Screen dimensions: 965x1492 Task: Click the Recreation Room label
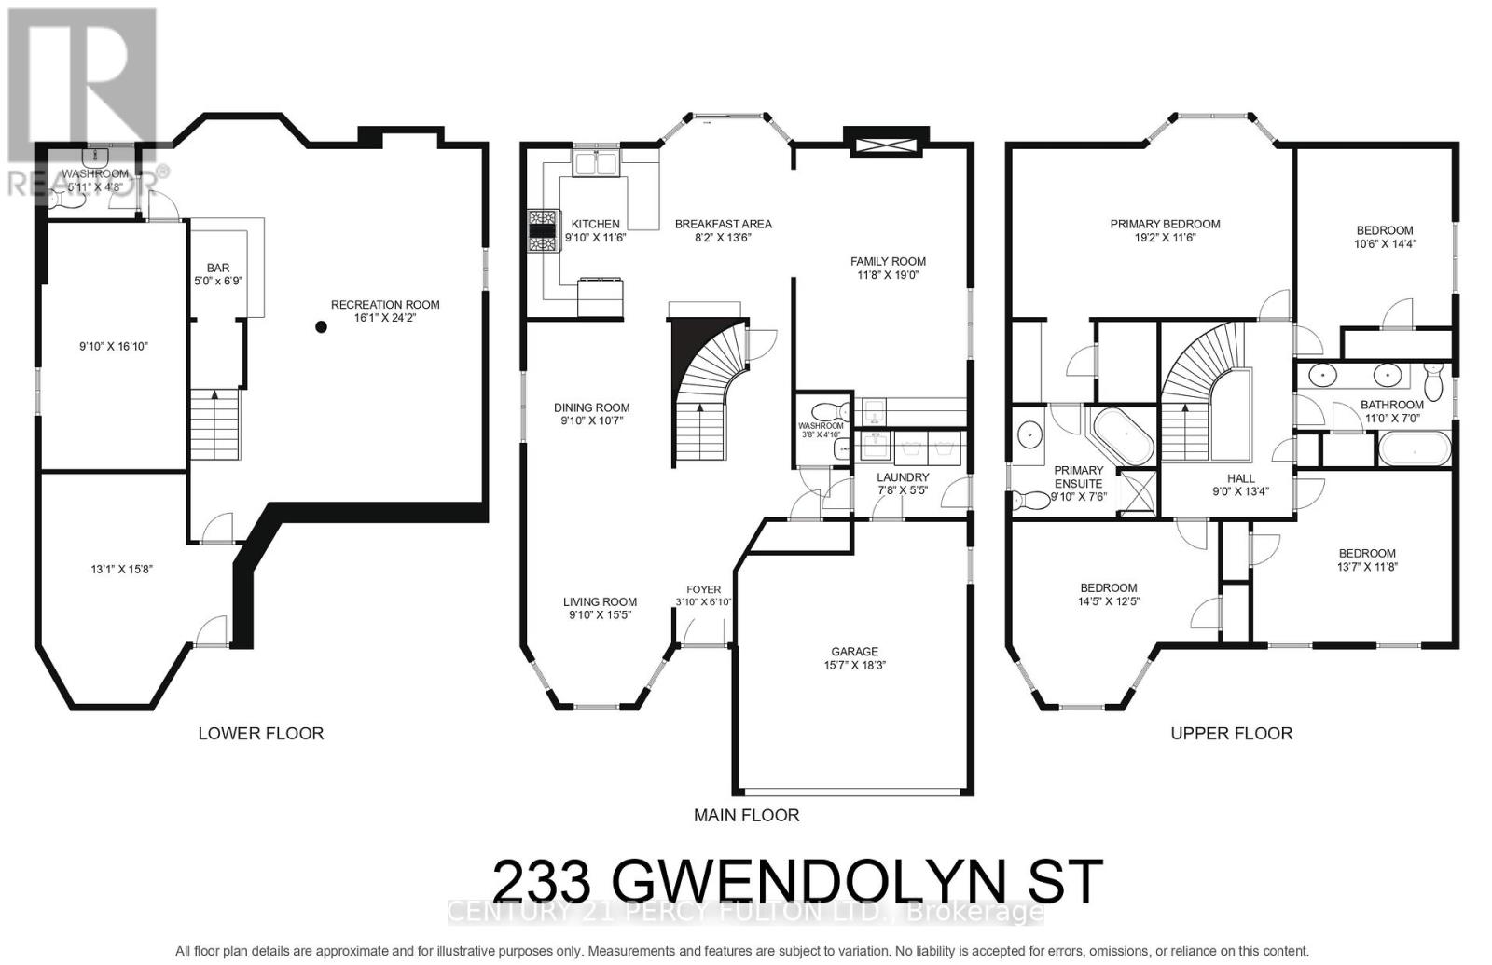(x=385, y=305)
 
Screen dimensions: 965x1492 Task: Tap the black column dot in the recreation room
(x=321, y=327)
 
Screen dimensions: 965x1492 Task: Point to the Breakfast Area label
(x=723, y=224)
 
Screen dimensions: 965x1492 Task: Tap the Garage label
(x=854, y=652)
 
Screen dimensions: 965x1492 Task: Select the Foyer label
(x=703, y=589)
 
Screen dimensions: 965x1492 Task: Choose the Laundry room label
(x=902, y=476)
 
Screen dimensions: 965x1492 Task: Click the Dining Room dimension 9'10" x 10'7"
(x=591, y=420)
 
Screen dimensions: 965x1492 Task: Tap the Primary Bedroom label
(x=1165, y=224)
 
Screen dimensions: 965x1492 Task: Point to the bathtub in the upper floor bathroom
(x=1415, y=451)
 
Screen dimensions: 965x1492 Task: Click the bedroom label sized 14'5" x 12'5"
(x=1109, y=587)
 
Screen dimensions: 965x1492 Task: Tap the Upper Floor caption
(x=1231, y=734)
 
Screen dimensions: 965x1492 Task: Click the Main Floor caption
(x=746, y=815)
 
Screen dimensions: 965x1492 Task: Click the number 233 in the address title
(x=541, y=881)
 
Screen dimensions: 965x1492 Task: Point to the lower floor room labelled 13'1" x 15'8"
(x=115, y=569)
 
